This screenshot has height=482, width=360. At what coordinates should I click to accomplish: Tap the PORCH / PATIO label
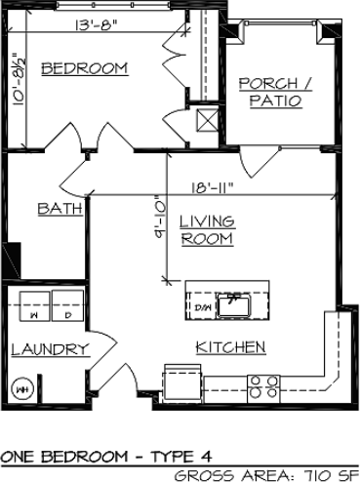tap(275, 92)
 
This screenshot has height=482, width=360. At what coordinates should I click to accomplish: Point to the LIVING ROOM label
tap(206, 231)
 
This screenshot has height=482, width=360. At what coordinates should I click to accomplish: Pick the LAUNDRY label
tap(50, 349)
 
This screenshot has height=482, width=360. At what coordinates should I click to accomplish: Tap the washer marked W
tap(33, 316)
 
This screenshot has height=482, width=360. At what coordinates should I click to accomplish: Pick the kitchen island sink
tap(234, 305)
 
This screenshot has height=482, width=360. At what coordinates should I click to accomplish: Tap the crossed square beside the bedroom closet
tap(206, 121)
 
